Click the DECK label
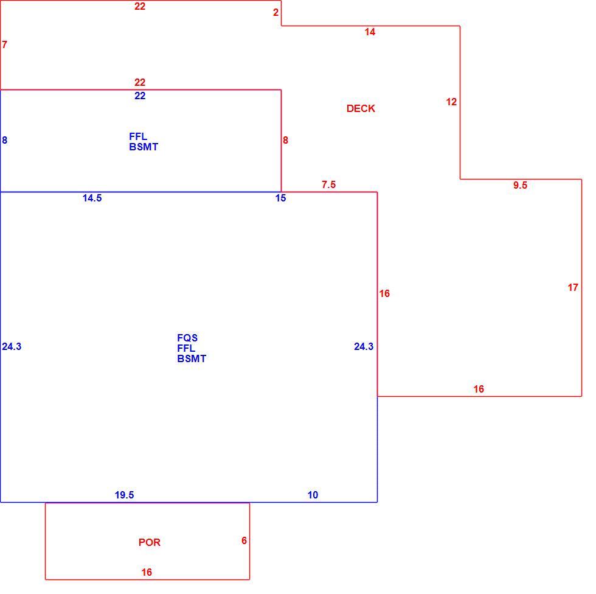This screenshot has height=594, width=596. (361, 109)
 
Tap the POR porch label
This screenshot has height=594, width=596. (150, 542)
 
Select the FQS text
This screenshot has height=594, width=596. (187, 338)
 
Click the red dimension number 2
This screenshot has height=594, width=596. (276, 13)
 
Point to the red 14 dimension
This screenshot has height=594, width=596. (370, 32)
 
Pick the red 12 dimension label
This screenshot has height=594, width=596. (451, 102)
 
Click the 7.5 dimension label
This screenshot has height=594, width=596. (329, 184)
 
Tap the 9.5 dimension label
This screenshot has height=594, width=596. (520, 185)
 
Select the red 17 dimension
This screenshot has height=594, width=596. (573, 287)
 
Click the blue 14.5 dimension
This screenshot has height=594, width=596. (92, 198)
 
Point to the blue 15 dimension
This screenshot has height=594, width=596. (280, 198)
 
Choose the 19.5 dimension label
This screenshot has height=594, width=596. (124, 495)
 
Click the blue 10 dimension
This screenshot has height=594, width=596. (313, 495)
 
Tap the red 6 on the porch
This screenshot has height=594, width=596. (244, 541)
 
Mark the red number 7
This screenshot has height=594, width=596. (5, 45)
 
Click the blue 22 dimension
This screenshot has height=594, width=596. (140, 96)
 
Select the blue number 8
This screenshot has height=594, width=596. (5, 141)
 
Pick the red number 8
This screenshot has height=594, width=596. (285, 141)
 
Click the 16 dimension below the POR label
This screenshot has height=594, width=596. (147, 572)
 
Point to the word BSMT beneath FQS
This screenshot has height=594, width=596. (192, 358)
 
